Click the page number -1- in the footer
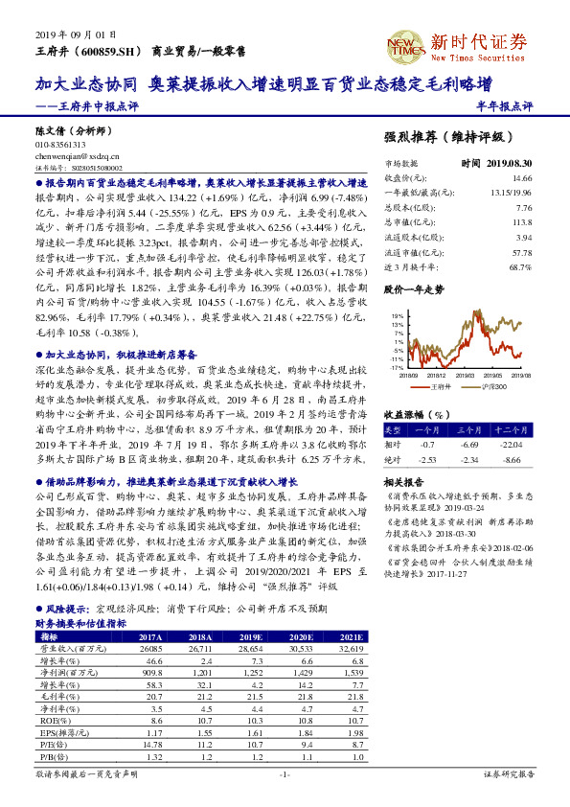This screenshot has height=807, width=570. [284, 772]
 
